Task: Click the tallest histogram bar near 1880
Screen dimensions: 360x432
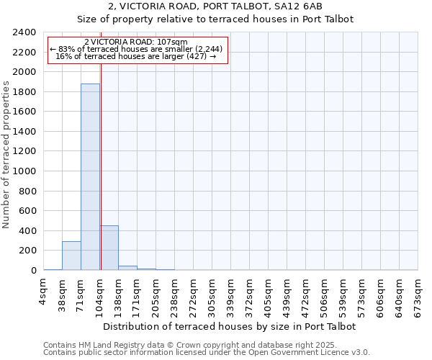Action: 90,176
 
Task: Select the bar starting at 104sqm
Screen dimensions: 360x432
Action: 109,248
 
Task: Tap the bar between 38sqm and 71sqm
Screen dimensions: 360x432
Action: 71,256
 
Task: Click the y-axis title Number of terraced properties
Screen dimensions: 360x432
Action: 6,154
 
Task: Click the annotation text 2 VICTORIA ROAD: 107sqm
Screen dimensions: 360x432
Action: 136,42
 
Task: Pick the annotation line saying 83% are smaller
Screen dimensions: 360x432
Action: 136,49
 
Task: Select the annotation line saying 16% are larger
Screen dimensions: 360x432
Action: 136,56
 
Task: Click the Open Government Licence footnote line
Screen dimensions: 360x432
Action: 207,353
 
